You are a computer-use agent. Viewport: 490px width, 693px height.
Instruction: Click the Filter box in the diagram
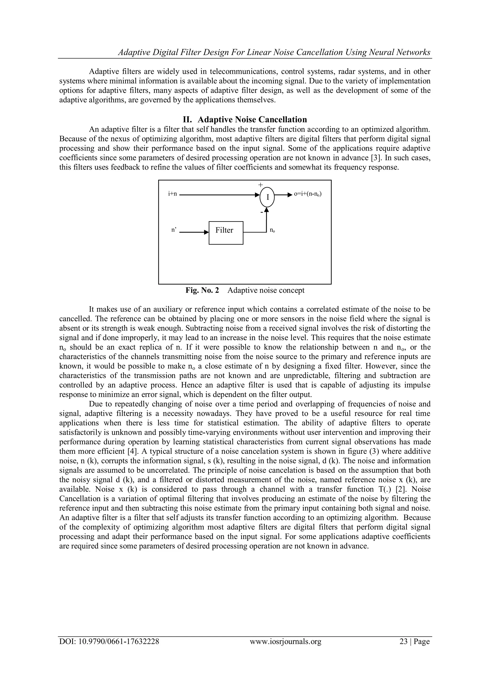click(x=226, y=232)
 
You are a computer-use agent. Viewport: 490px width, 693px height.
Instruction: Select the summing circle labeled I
click(x=267, y=197)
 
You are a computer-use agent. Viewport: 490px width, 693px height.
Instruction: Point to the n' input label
click(x=173, y=230)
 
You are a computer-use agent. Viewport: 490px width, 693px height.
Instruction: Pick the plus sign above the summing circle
click(x=260, y=184)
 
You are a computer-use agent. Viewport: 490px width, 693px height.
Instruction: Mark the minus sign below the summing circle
click(x=262, y=212)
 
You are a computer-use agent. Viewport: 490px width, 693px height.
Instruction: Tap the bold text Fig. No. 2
click(x=202, y=290)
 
